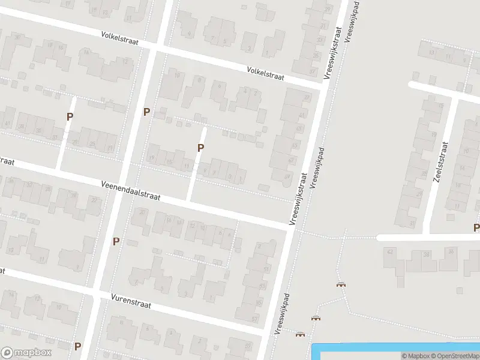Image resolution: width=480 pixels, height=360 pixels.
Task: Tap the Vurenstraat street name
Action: (x=131, y=301)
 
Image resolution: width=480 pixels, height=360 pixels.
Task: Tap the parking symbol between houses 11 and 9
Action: (x=201, y=148)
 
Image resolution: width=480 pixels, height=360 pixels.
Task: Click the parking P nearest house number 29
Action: (x=70, y=117)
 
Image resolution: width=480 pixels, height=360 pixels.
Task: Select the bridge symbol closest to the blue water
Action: (x=300, y=334)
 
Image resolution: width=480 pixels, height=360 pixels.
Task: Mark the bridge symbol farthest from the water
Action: (x=342, y=285)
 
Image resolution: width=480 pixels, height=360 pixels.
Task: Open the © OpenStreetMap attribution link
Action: (x=454, y=356)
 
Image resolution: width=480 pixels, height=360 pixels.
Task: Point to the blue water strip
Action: (x=396, y=347)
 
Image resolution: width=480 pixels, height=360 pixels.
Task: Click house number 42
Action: (x=390, y=253)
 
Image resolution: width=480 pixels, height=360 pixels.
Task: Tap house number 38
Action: (x=427, y=254)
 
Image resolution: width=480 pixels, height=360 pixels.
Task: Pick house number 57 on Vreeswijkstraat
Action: (x=292, y=160)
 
